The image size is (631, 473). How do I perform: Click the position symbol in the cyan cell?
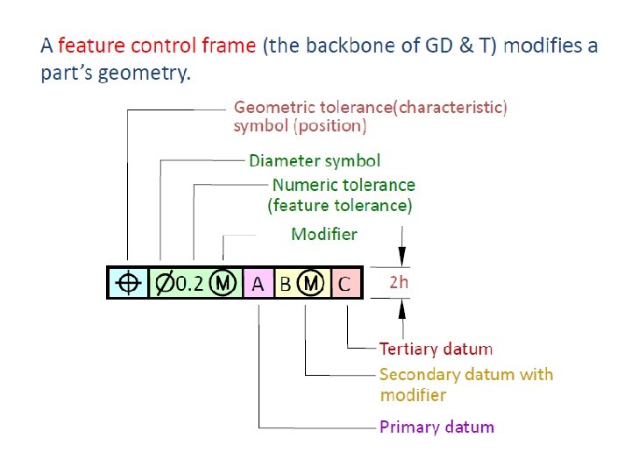point(128,283)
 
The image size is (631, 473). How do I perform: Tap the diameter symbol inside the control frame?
point(164,283)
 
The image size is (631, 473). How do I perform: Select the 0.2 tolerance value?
point(189,283)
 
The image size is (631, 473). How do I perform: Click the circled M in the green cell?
point(223,283)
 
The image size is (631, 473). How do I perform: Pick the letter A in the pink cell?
point(258,284)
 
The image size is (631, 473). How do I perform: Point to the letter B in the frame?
point(285,284)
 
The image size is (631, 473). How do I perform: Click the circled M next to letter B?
point(310,283)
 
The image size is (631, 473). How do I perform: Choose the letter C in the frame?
point(344,284)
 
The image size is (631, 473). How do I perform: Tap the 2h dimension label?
point(398,283)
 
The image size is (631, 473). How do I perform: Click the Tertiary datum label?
point(436,349)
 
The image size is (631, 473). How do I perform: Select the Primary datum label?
point(436,427)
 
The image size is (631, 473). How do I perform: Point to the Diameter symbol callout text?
point(315,161)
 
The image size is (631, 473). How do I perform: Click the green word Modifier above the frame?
point(323,234)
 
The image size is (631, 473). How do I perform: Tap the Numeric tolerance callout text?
point(344,185)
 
